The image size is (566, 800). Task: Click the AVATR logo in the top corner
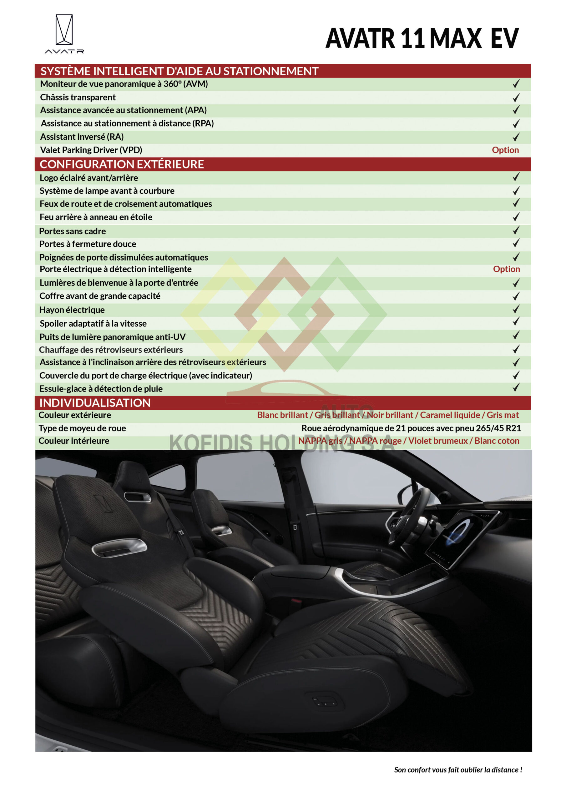(x=64, y=33)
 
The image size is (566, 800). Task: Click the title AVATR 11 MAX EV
(x=422, y=38)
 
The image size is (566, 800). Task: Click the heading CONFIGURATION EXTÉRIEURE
(x=122, y=164)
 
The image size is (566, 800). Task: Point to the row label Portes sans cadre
(x=73, y=231)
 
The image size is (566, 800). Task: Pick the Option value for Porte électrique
(x=506, y=269)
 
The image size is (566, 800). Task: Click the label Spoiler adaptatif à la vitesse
(x=93, y=323)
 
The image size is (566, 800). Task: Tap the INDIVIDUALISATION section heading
(x=95, y=403)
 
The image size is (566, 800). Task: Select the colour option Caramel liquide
(x=450, y=415)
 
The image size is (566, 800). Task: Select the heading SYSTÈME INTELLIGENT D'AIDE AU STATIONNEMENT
(x=179, y=71)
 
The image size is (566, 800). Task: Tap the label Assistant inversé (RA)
(x=82, y=137)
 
